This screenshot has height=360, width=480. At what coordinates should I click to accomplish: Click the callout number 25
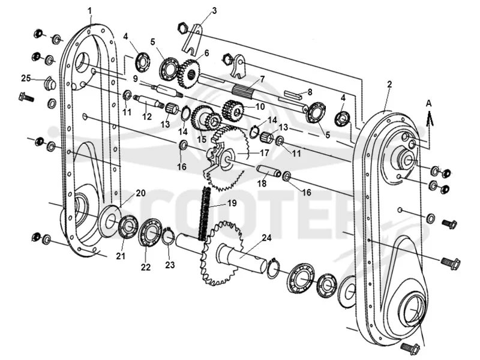[x=26, y=78]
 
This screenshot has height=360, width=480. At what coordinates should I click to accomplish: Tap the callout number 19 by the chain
[x=232, y=203]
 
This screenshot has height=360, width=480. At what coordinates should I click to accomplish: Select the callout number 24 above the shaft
[x=267, y=238]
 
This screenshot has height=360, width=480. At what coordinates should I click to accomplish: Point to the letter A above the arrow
[x=429, y=103]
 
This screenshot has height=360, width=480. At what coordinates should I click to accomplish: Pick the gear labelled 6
[x=188, y=74]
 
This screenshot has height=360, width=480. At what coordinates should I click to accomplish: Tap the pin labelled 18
[x=268, y=171]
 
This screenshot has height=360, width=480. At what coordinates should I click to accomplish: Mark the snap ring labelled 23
[x=169, y=238]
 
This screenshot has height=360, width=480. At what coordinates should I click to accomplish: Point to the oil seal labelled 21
[x=128, y=227]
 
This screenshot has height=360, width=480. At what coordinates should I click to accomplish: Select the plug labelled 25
[x=50, y=82]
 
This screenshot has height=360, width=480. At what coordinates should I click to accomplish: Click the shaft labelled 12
[x=148, y=101]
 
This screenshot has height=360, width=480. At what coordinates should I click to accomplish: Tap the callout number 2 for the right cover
[x=389, y=85]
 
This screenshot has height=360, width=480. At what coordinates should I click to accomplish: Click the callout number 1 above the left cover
[x=89, y=11]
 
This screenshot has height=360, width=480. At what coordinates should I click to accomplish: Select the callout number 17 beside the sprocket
[x=264, y=152]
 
